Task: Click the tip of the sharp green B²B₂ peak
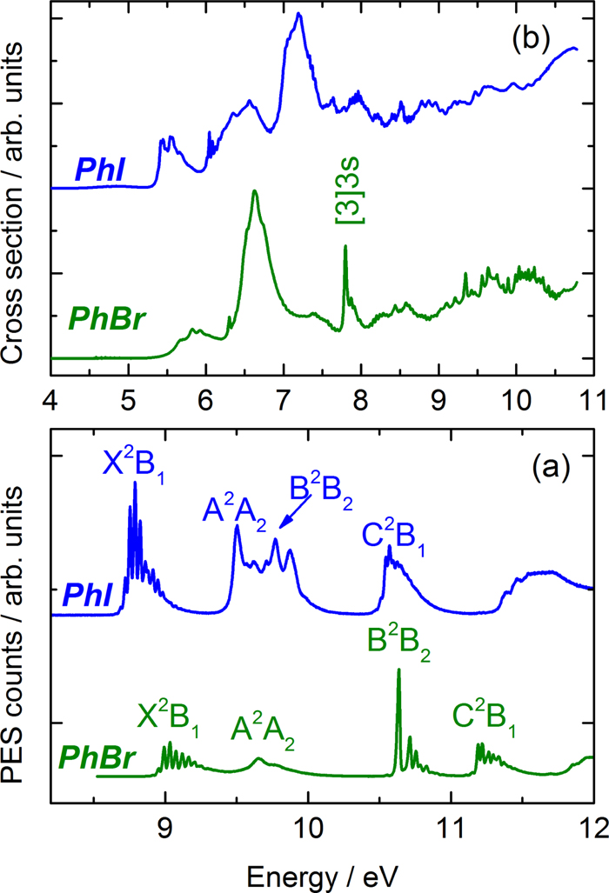click(x=398, y=670)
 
